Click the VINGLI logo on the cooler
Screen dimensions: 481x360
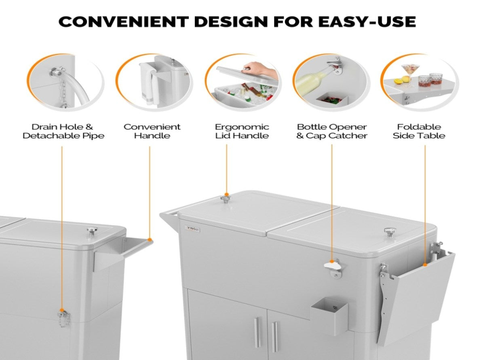tap(193, 229)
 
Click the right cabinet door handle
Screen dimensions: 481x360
tap(274, 337)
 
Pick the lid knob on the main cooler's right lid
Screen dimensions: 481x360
tap(390, 232)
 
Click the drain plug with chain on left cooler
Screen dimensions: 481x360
tap(63, 318)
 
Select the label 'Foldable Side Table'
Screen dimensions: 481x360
tap(419, 131)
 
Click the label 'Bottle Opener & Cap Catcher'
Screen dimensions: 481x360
tap(331, 131)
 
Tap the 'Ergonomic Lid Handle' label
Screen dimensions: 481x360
tap(242, 131)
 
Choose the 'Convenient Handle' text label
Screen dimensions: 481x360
tap(152, 131)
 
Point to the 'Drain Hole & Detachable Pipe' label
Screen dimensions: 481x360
tap(63, 131)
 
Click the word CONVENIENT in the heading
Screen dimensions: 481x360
tap(123, 21)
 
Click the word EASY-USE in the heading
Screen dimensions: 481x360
tap(367, 21)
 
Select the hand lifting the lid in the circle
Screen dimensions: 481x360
tap(260, 69)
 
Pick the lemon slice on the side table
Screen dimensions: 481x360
tap(398, 81)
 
